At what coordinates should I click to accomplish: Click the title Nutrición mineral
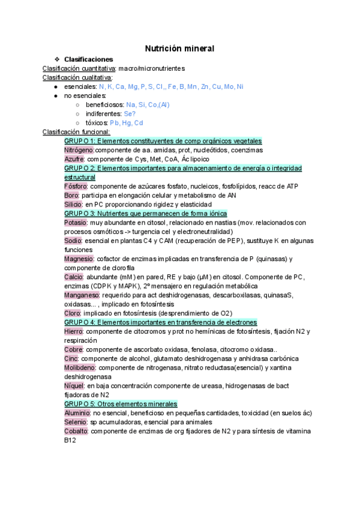coord(180,48)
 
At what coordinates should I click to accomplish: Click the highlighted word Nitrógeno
coord(79,149)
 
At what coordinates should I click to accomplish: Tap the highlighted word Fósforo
coord(76,186)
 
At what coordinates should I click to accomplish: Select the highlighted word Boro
coord(71,195)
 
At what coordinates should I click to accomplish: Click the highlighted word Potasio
coord(76,222)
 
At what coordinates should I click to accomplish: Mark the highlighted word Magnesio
coord(79,259)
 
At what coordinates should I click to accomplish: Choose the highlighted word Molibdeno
coord(80,367)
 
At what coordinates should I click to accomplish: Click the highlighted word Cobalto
coord(77,431)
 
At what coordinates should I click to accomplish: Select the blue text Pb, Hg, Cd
coord(127,122)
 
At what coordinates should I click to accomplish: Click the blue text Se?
coord(130,113)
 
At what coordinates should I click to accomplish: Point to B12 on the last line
coord(71,440)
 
